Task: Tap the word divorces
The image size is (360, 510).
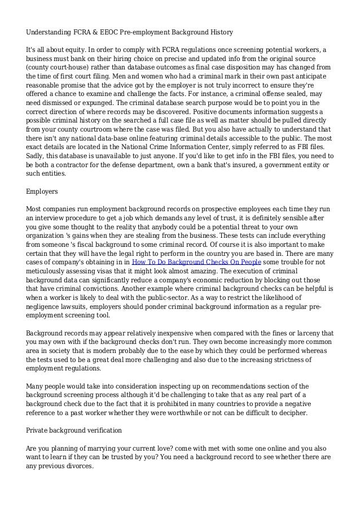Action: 77,467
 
